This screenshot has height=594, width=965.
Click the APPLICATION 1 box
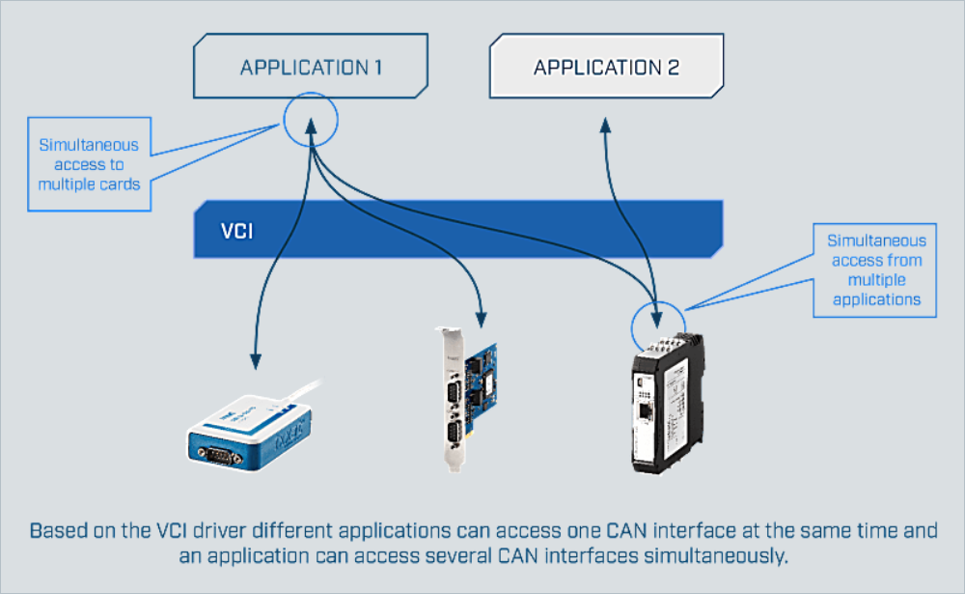click(311, 68)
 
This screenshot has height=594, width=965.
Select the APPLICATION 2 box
click(606, 68)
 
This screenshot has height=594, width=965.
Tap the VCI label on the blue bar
click(236, 232)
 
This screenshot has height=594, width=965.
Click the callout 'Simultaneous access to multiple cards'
click(89, 163)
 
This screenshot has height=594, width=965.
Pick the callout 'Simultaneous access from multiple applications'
click(875, 269)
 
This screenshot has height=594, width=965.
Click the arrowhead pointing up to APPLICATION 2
click(605, 125)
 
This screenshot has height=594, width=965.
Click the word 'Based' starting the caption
click(55, 532)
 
